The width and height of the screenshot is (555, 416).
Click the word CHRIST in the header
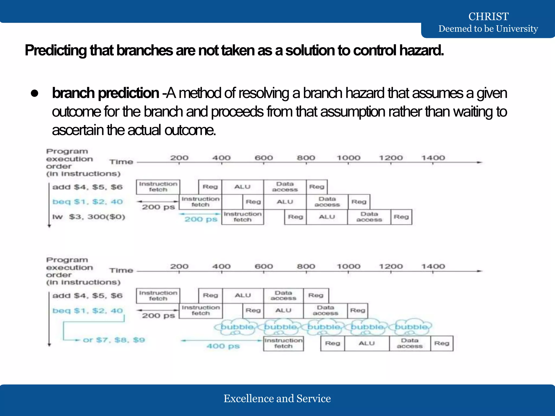pos(488,17)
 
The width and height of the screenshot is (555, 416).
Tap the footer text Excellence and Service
pos(277,398)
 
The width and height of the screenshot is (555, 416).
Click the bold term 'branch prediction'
pos(105,93)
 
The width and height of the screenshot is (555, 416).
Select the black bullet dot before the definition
pos(34,93)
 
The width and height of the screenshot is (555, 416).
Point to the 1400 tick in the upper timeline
pos(433,158)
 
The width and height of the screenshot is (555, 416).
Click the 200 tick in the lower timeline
pos(179,266)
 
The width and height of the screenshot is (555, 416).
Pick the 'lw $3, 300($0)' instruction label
pos(89,217)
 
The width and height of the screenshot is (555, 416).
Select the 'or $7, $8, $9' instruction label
pos(114,340)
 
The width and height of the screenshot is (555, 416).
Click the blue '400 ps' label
pos(223,346)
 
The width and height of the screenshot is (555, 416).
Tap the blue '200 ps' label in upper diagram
pos(201,219)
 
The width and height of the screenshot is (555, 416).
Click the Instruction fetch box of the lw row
pos(243,217)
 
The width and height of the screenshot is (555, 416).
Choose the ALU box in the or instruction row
pos(367,343)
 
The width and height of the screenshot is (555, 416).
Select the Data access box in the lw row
pos(369,217)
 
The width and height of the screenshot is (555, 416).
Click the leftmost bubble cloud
pos(237,327)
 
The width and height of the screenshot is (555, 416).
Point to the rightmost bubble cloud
pos(411,327)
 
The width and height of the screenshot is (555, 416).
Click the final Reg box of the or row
pos(442,343)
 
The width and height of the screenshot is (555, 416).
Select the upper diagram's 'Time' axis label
pos(121,162)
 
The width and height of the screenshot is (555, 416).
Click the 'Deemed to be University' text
pos(488,29)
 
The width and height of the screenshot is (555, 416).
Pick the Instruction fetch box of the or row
pos(283,343)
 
